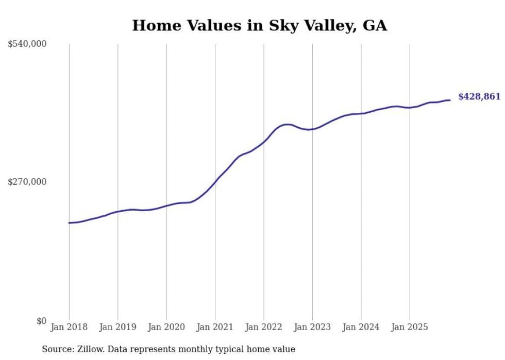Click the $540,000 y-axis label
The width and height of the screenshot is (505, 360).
pos(27,44)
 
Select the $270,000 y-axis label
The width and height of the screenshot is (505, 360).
pos(27,182)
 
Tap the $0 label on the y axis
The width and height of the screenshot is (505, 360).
pos(41,321)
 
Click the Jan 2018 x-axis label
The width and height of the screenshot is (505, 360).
pos(69,327)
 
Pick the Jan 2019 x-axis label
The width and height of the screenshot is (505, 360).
pos(118,327)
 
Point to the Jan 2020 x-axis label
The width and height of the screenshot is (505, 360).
pos(166,327)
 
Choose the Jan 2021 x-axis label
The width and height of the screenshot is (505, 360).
pos(215,327)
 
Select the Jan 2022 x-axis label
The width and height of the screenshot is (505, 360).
pos(264,327)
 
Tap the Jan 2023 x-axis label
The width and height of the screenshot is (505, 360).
pos(312,327)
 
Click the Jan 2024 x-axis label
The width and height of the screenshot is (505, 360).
pos(361,327)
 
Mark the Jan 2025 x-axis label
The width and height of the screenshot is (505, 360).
pos(410,327)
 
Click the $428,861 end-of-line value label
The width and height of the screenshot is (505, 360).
pos(479,97)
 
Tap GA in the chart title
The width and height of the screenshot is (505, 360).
pos(375,26)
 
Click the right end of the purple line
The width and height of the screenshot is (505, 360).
pos(450,100)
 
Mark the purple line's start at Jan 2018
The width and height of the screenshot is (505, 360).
pos(69,223)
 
